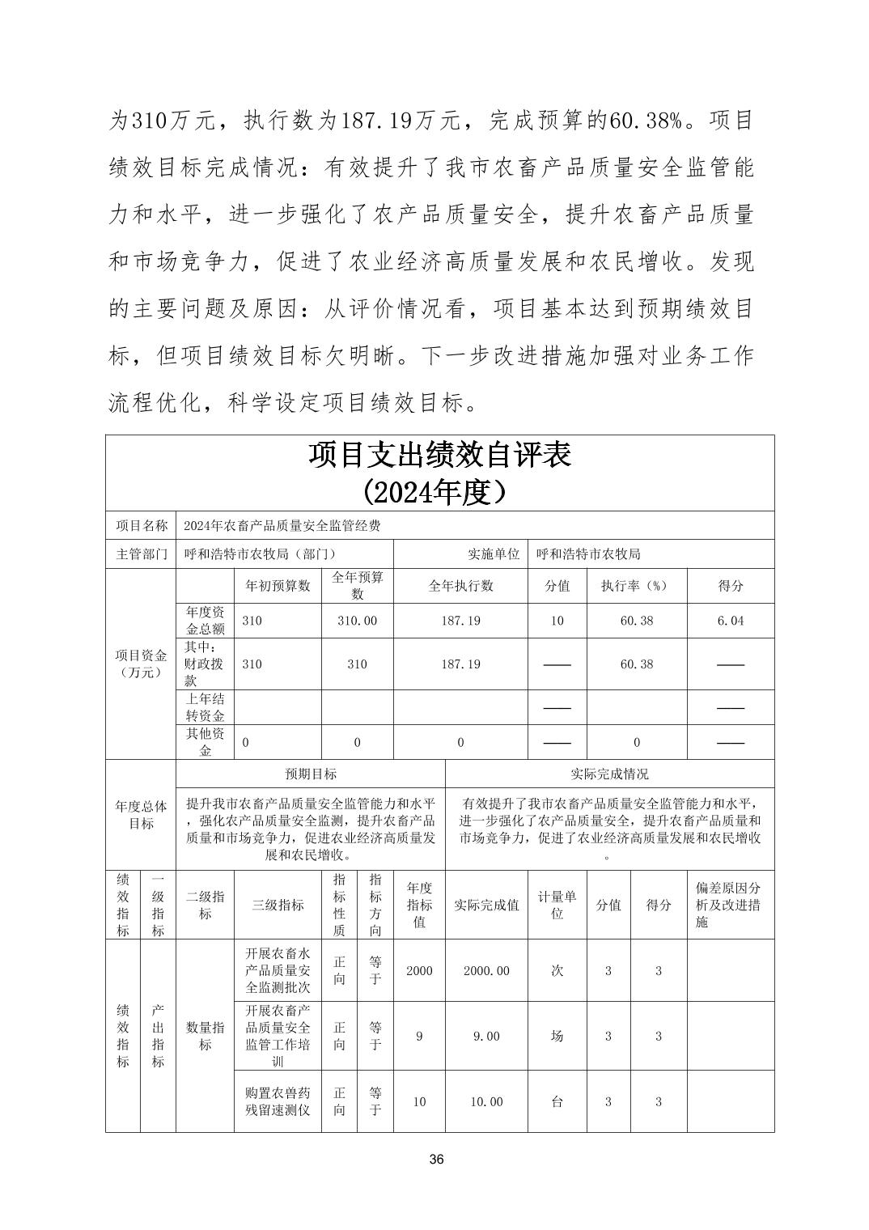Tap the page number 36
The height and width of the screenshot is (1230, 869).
point(436,1160)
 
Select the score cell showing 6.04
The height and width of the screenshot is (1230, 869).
point(731,621)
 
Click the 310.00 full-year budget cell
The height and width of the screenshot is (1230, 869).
point(357,621)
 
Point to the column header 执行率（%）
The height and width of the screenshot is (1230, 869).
point(636,586)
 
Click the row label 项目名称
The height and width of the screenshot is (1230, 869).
point(141,525)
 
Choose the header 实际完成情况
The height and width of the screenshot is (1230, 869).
point(609,774)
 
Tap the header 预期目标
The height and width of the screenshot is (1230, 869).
point(311,774)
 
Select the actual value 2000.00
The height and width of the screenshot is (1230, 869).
point(486,970)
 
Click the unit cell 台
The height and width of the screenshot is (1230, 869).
point(557,1101)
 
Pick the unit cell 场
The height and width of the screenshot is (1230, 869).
point(557,1036)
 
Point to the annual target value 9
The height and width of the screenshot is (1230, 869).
point(419,1036)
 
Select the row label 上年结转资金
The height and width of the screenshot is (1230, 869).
point(205,707)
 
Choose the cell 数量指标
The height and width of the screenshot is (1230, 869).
point(205,1036)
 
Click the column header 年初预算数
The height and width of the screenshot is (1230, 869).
point(278,586)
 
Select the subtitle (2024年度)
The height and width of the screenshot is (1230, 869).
point(439,491)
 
